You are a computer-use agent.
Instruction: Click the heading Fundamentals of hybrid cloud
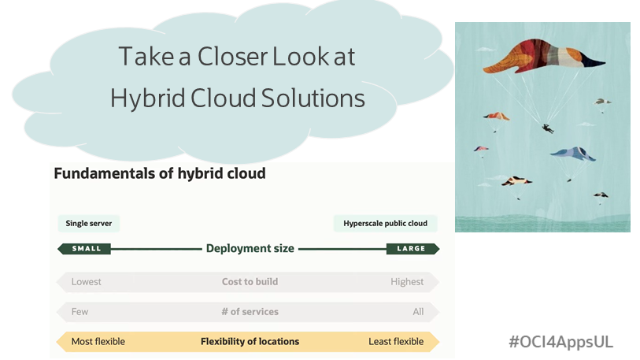tap(159, 173)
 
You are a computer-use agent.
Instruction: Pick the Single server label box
tap(88, 224)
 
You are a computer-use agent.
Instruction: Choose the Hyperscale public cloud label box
tap(385, 224)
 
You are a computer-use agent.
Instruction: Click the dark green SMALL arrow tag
tap(84, 249)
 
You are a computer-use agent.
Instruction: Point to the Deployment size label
tap(250, 249)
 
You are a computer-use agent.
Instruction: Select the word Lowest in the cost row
tap(87, 282)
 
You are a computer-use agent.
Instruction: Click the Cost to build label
tap(250, 282)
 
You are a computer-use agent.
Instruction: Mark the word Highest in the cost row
tap(407, 282)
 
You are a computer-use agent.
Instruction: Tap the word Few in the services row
tap(80, 312)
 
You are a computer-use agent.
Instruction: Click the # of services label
tap(250, 312)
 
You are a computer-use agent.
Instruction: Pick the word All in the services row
tap(418, 312)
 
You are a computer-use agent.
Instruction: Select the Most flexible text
tap(98, 342)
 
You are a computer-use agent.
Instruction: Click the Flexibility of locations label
tap(250, 342)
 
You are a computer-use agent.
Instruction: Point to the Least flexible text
tap(396, 342)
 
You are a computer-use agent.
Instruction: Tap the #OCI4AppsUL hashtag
tap(560, 342)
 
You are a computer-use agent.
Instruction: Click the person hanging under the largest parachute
tap(547, 127)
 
